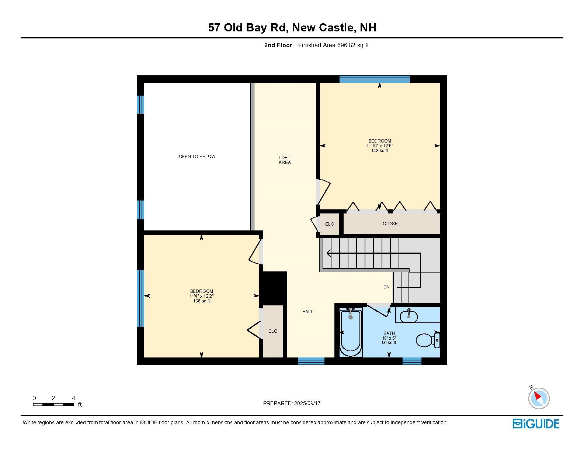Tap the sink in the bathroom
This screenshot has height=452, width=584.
click(409, 316)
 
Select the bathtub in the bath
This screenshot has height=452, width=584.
click(351, 333)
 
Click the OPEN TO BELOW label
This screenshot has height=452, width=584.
click(197, 157)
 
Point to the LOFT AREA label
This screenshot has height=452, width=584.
click(285, 160)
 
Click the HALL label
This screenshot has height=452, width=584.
click(307, 312)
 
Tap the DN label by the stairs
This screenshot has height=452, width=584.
click(386, 287)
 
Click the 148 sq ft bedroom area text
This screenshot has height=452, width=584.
click(380, 151)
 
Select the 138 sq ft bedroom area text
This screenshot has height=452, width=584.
click(201, 301)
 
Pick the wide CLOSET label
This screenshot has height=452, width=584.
click(391, 224)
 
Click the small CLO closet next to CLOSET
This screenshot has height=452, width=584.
click(329, 224)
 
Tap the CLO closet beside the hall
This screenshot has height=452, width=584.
click(272, 331)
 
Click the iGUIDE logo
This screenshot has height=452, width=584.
click(536, 424)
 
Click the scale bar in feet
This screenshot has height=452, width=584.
click(53, 404)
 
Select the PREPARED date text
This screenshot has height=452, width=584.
click(292, 403)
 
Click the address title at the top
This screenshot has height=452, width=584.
click(292, 28)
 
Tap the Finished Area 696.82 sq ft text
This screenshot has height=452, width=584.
click(333, 45)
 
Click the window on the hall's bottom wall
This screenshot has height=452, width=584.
click(311, 361)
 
